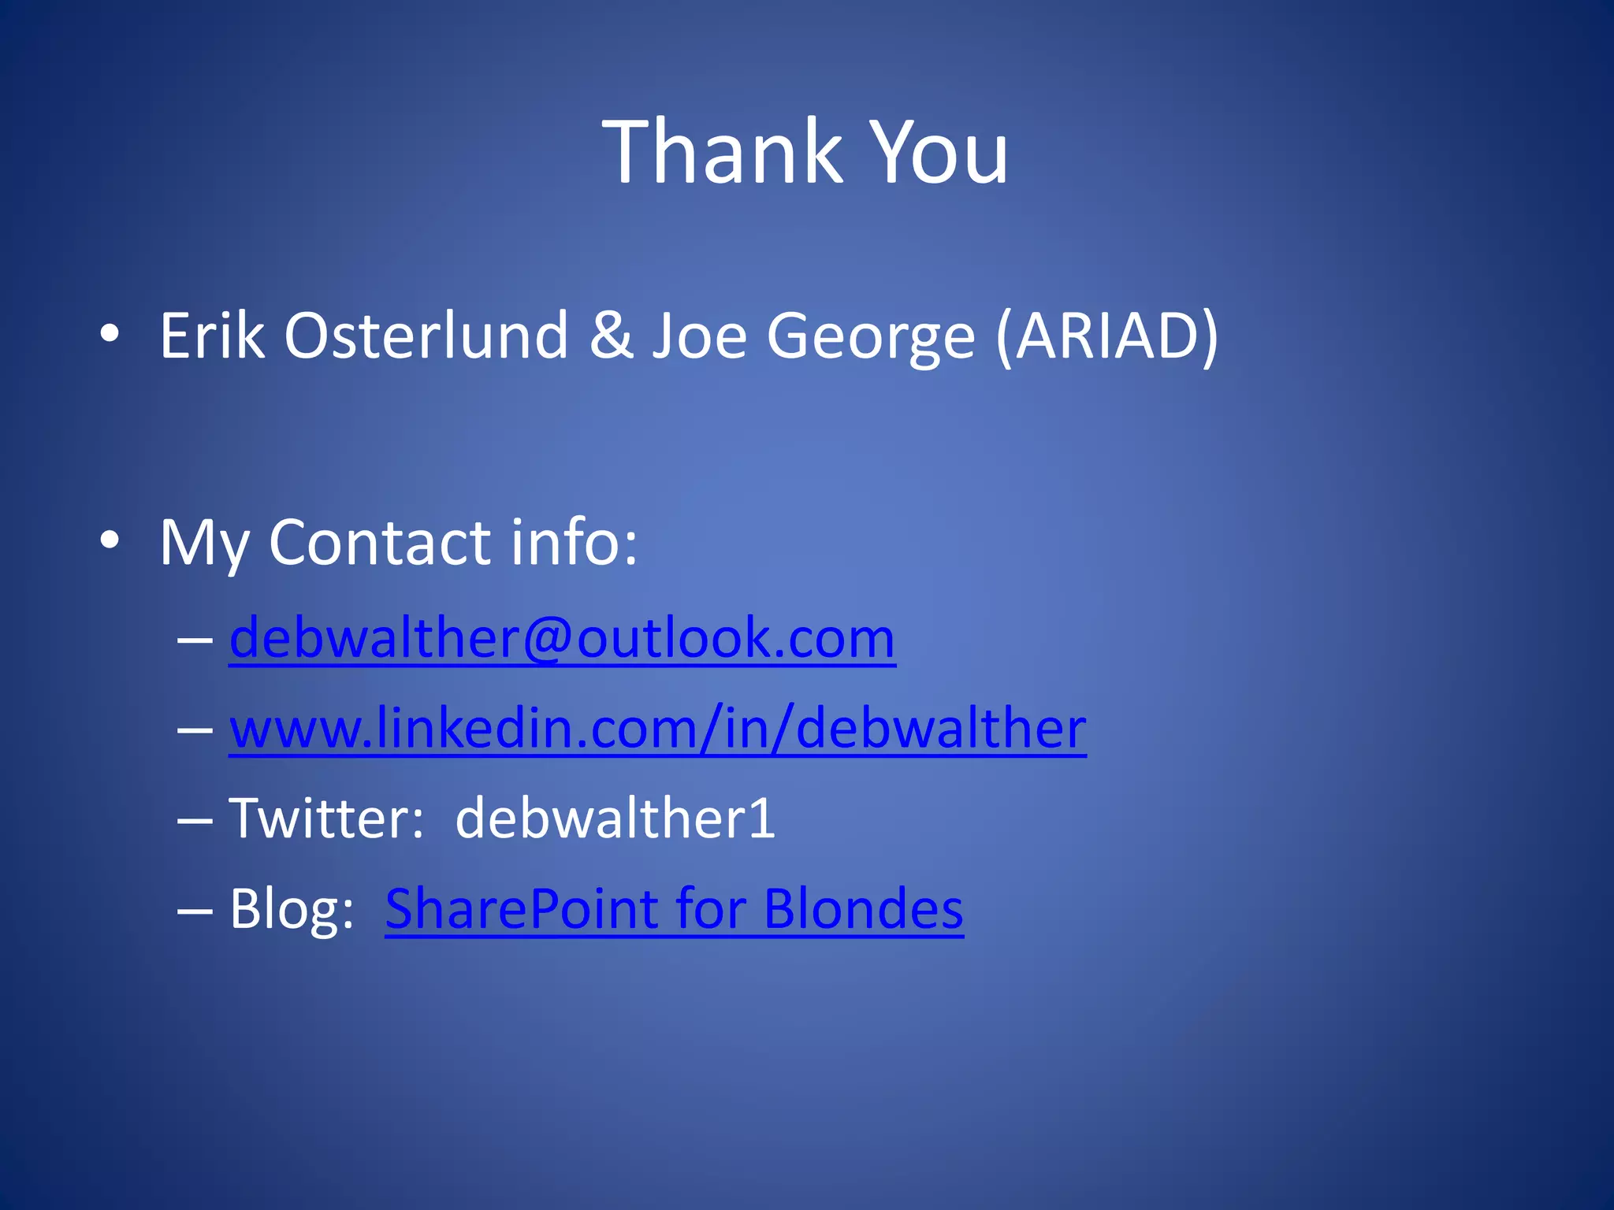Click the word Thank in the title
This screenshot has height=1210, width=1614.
[722, 151]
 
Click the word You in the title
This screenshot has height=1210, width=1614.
[939, 151]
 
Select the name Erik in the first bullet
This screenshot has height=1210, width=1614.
[211, 336]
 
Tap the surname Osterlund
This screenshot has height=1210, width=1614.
[426, 336]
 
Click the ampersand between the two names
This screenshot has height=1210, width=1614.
[611, 336]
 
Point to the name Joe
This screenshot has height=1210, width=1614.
[699, 336]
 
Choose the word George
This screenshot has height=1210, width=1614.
[871, 337]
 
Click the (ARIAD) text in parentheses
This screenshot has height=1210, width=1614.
[1107, 337]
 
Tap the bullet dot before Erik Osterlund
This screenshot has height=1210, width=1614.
[110, 334]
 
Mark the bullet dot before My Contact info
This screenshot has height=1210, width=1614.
[110, 540]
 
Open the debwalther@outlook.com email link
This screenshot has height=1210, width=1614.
[562, 637]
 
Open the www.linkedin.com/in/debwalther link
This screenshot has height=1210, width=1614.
[657, 728]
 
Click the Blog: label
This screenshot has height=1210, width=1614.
[292, 909]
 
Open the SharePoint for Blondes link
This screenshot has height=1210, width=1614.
[674, 909]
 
